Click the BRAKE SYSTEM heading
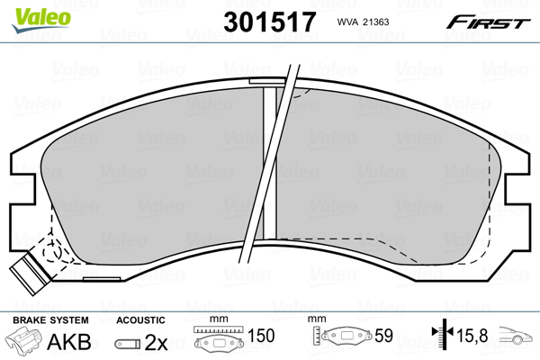click(49, 319)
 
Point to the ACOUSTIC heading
click(140, 319)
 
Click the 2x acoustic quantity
click(157, 342)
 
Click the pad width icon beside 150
click(219, 340)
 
